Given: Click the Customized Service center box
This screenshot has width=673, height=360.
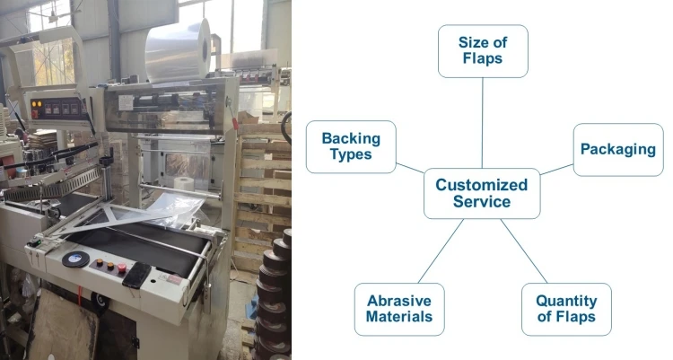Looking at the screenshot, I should pyautogui.click(x=482, y=193).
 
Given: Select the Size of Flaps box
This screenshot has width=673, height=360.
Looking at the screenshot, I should pyautogui.click(x=482, y=50).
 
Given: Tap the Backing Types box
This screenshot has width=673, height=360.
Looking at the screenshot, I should pyautogui.click(x=351, y=147).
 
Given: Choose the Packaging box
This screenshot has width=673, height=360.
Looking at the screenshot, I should pyautogui.click(x=617, y=149).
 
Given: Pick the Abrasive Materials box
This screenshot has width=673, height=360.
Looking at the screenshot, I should pyautogui.click(x=399, y=309).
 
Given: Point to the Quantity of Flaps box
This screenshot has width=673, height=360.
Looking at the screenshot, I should pyautogui.click(x=566, y=309).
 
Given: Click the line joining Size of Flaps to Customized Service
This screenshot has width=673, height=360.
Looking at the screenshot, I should pyautogui.click(x=482, y=122).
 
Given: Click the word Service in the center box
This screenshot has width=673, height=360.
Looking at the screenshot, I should pyautogui.click(x=482, y=202).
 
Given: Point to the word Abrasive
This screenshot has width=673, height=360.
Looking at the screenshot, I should pyautogui.click(x=399, y=301).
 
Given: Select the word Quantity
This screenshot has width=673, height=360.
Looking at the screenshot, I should pyautogui.click(x=566, y=301).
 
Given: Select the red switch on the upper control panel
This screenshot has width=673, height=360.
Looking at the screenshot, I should pyautogui.click(x=38, y=105).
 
